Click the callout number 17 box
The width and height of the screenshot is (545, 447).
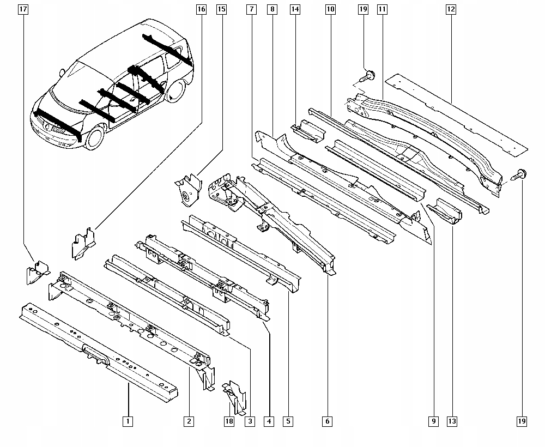coord(23,9)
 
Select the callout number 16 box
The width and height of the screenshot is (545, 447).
coord(201,9)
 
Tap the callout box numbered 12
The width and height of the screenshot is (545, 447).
coord(450,9)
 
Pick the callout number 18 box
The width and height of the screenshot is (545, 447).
coord(229,421)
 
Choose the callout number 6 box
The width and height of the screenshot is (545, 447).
coord(327,421)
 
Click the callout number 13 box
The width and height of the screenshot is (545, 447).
coord(452,421)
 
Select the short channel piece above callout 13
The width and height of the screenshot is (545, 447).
coord(445,212)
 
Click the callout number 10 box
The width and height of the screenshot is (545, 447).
coord(330,9)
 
